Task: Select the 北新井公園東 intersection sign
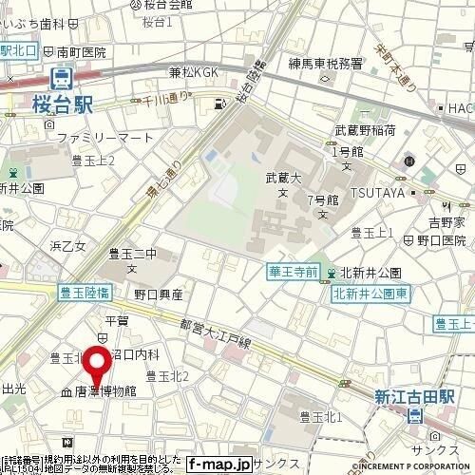point(370,294)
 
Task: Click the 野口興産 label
point(158,294)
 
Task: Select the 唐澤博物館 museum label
point(105,390)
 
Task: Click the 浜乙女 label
point(67,246)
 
